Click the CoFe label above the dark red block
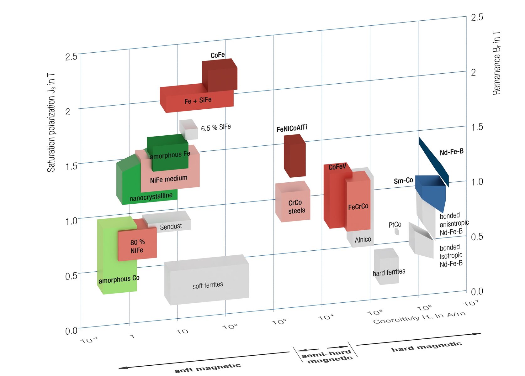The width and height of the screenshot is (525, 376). [x=218, y=55]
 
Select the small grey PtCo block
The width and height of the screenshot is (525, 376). [x=396, y=232]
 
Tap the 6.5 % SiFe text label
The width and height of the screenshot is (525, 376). [x=216, y=127]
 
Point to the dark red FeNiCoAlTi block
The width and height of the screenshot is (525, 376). [x=294, y=156]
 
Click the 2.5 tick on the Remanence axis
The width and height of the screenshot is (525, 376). [x=477, y=17]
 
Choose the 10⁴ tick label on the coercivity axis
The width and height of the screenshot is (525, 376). [x=326, y=317]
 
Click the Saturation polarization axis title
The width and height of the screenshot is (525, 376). [x=51, y=123]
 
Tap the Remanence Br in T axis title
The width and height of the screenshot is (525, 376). [x=496, y=63]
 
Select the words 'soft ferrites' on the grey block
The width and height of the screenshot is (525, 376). [x=208, y=285]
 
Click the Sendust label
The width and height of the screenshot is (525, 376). [x=171, y=227]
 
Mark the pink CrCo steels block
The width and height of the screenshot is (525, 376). [x=293, y=201]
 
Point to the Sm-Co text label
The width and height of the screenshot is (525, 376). [x=403, y=180]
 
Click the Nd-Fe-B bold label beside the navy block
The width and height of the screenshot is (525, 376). [x=452, y=152]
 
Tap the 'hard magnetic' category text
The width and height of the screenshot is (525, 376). [x=427, y=347]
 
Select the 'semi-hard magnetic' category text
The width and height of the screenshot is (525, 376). [x=327, y=356]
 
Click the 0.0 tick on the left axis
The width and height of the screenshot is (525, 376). [x=71, y=331]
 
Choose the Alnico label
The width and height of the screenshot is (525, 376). [x=363, y=239]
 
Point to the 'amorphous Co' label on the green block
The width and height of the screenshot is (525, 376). [x=119, y=279]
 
